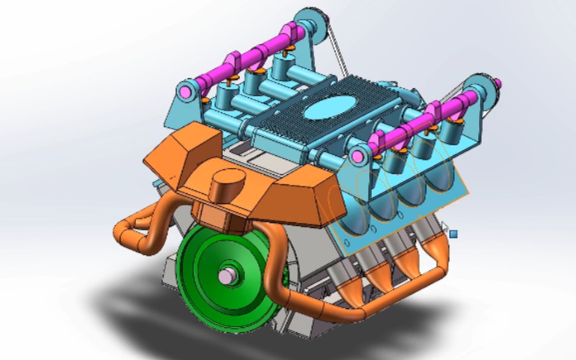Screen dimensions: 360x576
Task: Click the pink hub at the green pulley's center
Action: pyautogui.click(x=226, y=276)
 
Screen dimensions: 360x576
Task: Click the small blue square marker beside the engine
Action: pyautogui.click(x=453, y=234)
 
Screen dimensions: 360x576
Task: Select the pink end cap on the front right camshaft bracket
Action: pyautogui.click(x=357, y=157)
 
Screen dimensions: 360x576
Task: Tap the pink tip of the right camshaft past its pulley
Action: pyautogui.click(x=498, y=82)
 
